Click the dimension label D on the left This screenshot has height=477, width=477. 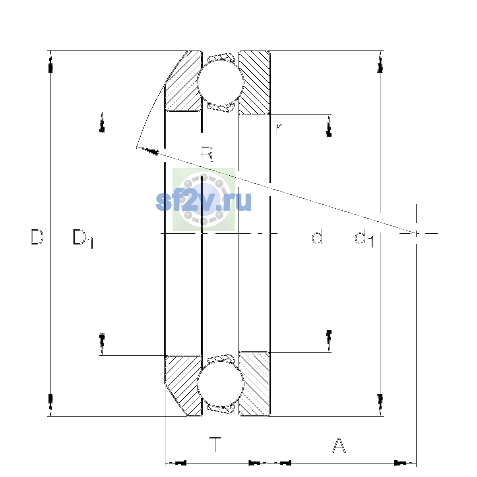pos(37,237)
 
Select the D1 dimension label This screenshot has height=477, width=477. pos(83,238)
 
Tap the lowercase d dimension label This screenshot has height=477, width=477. pos(317,237)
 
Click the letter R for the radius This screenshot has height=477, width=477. pos(206,154)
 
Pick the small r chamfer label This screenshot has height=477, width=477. pos(279,130)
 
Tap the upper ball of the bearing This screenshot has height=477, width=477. pos(221,82)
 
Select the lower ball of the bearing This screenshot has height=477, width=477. pos(221,383)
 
